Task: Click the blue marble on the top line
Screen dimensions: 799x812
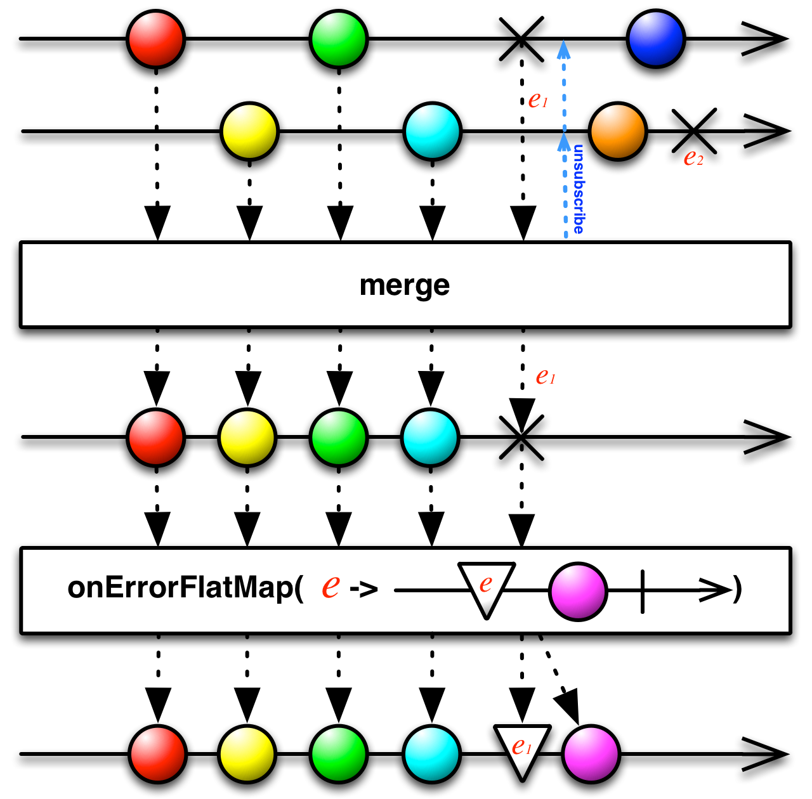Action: pyautogui.click(x=656, y=39)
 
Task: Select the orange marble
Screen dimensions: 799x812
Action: pyautogui.click(x=617, y=131)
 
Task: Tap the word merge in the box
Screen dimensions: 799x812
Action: pyautogui.click(x=405, y=285)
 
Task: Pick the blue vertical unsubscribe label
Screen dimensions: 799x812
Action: pyautogui.click(x=579, y=189)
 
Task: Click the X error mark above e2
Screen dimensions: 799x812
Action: pyautogui.click(x=694, y=131)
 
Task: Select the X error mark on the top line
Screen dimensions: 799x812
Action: pyautogui.click(x=521, y=39)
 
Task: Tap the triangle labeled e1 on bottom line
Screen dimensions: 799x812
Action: pyautogui.click(x=522, y=750)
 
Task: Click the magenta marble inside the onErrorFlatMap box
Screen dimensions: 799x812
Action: pyautogui.click(x=577, y=590)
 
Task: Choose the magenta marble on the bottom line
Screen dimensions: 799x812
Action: pyautogui.click(x=591, y=754)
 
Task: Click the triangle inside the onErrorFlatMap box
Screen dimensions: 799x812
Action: pyautogui.click(x=487, y=587)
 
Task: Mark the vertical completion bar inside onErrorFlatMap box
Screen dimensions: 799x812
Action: pyautogui.click(x=643, y=591)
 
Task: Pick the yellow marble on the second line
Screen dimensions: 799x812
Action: pyautogui.click(x=249, y=131)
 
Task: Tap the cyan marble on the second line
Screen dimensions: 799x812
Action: pyautogui.click(x=432, y=131)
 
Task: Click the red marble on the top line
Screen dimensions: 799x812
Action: pyautogui.click(x=156, y=39)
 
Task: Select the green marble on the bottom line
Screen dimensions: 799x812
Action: pyautogui.click(x=339, y=754)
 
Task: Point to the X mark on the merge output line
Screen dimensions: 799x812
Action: pyautogui.click(x=521, y=437)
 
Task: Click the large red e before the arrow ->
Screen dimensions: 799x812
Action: pyautogui.click(x=331, y=587)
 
